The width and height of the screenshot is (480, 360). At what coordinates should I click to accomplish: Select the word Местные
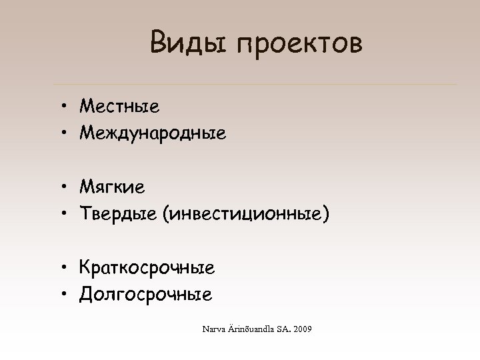click(x=119, y=105)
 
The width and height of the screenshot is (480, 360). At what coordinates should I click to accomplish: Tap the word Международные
click(x=153, y=133)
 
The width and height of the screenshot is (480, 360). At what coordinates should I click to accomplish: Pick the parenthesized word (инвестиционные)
click(x=251, y=215)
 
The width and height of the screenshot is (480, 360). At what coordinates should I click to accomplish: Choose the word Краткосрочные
click(x=147, y=268)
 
